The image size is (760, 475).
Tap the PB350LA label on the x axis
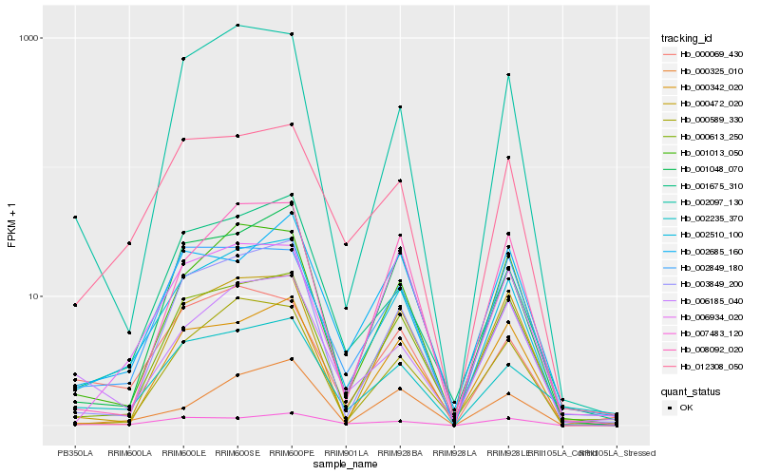point(75,453)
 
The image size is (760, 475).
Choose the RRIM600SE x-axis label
point(237,453)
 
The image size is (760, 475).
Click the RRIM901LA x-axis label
point(346,453)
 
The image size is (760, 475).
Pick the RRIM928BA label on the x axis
point(400,453)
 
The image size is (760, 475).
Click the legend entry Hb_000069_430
point(711,54)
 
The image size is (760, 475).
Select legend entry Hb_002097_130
point(711,202)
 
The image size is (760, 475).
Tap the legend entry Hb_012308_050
point(711,367)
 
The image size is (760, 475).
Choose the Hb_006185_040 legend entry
point(711,301)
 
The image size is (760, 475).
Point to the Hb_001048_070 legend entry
point(711,169)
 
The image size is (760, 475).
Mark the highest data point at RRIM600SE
point(237,25)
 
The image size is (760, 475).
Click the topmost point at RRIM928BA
point(400,107)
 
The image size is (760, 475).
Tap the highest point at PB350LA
point(75,218)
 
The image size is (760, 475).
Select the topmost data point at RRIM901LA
point(346,244)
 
